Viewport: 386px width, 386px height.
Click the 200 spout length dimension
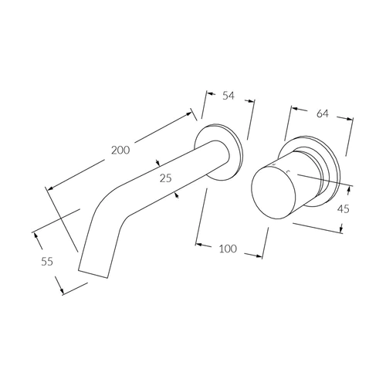(120, 150)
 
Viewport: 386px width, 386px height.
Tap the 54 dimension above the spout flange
(229, 96)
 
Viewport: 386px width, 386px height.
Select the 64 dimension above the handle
(323, 113)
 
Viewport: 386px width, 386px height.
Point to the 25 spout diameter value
(165, 178)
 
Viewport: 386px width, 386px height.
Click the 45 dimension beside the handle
(344, 209)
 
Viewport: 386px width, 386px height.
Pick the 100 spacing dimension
(228, 249)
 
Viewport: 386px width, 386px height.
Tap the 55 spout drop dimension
(47, 262)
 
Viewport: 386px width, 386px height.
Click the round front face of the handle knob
(273, 192)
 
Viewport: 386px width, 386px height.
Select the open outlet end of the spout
(93, 274)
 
